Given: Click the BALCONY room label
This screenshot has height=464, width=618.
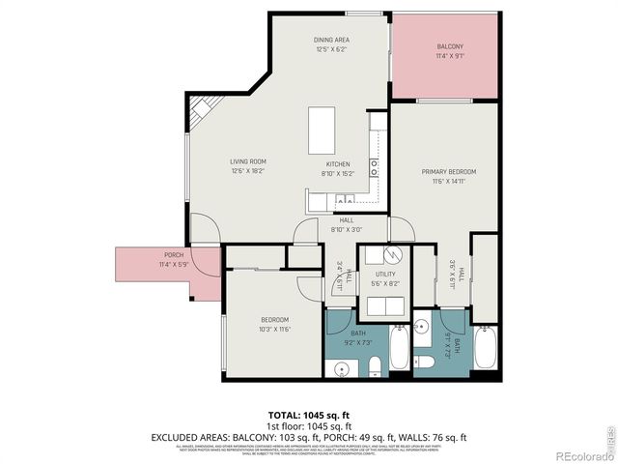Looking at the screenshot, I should pyautogui.click(x=450, y=46).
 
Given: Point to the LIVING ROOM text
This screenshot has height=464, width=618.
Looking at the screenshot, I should pyautogui.click(x=247, y=161).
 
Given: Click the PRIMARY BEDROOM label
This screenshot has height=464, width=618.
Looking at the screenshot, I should pyautogui.click(x=448, y=172).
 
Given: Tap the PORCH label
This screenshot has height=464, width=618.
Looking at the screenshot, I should pyautogui.click(x=172, y=255).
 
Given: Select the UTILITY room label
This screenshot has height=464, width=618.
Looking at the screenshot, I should pyautogui.click(x=385, y=275).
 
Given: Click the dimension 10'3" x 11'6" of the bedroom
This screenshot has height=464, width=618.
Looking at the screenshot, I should pyautogui.click(x=274, y=329).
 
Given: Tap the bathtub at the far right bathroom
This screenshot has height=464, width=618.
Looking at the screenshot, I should pyautogui.click(x=487, y=349).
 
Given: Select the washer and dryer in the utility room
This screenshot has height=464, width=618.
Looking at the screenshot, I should pyautogui.click(x=385, y=306).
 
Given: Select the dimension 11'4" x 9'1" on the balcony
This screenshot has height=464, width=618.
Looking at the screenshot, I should pyautogui.click(x=450, y=55).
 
